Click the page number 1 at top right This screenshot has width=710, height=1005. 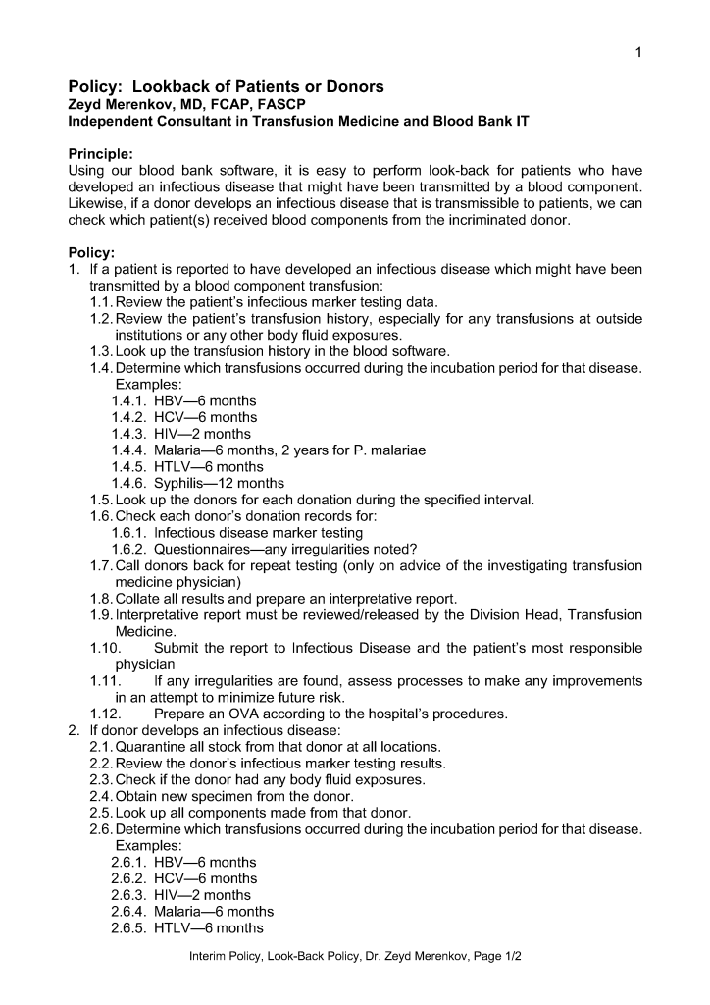click(x=638, y=52)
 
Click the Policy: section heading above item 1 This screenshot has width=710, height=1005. click(x=91, y=252)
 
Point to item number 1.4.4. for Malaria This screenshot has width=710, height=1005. click(x=131, y=450)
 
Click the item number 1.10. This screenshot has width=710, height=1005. click(x=104, y=648)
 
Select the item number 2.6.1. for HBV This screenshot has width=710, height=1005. click(x=131, y=862)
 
